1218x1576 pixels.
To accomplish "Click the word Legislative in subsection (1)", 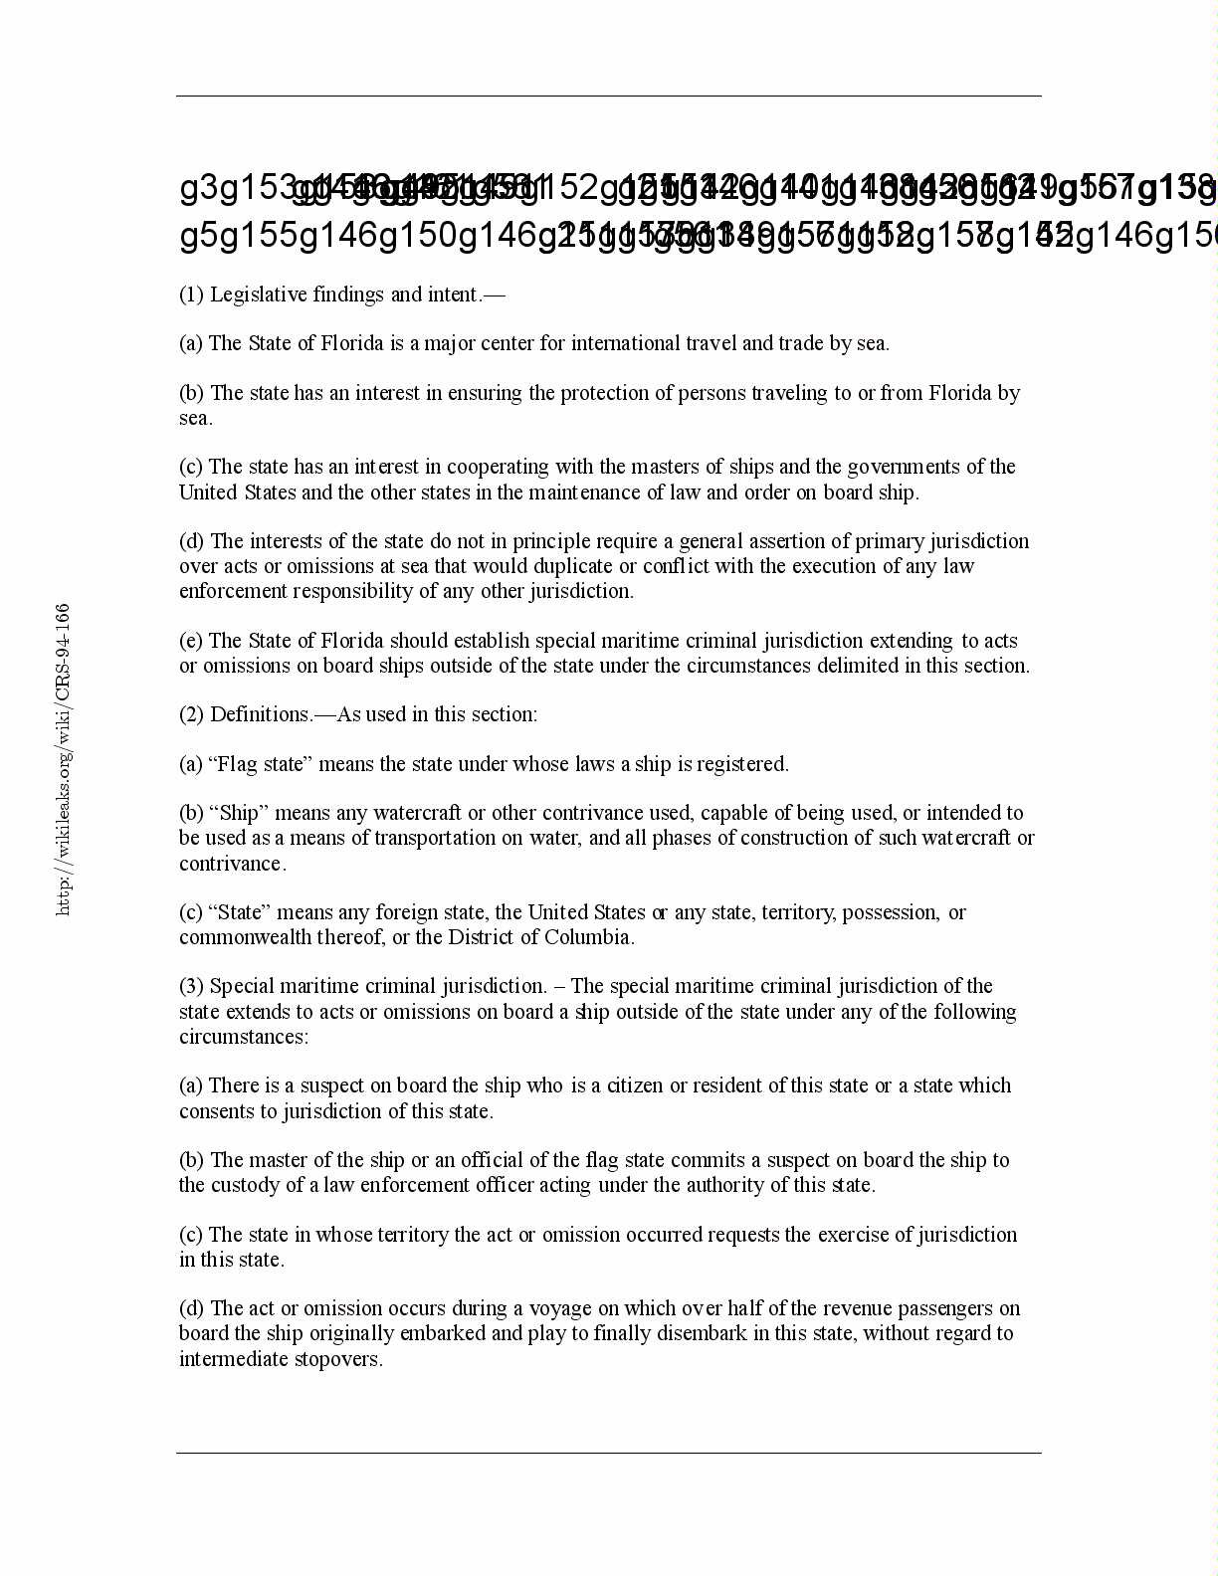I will click(258, 295).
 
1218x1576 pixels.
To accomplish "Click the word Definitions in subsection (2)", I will click(261, 714).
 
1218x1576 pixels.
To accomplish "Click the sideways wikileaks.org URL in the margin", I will click(63, 759).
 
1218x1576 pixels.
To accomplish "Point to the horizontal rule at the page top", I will click(609, 97).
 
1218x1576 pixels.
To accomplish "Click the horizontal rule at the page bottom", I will click(609, 1453).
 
